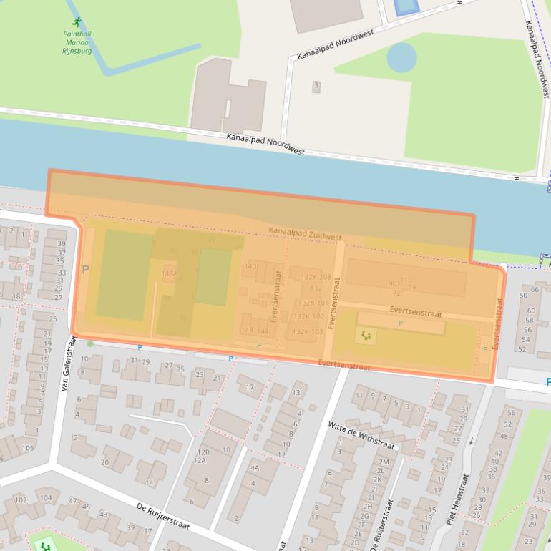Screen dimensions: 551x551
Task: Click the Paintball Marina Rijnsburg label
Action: pyautogui.click(x=78, y=42)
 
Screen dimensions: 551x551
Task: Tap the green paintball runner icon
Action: pyautogui.click(x=77, y=22)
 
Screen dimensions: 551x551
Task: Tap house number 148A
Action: pyautogui.click(x=170, y=273)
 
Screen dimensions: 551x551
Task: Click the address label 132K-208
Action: pyautogui.click(x=316, y=277)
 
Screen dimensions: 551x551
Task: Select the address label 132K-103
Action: pyautogui.click(x=308, y=331)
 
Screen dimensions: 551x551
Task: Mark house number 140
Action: pyautogui.click(x=250, y=266)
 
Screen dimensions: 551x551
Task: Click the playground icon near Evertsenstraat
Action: pyautogui.click(x=366, y=335)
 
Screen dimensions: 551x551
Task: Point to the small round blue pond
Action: pyautogui.click(x=401, y=57)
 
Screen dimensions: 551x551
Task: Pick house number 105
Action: pyautogui.click(x=27, y=448)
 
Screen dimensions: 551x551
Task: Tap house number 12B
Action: pyautogui.click(x=203, y=452)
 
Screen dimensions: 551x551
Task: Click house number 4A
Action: pyautogui.click(x=254, y=467)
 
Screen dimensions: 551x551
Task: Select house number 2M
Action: pyautogui.click(x=383, y=462)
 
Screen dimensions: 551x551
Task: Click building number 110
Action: pyautogui.click(x=406, y=279)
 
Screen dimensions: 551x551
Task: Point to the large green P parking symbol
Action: pyautogui.click(x=86, y=270)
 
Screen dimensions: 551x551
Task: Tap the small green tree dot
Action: pyautogui.click(x=90, y=344)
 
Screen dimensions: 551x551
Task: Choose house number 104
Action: pyautogui.click(x=46, y=497)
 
